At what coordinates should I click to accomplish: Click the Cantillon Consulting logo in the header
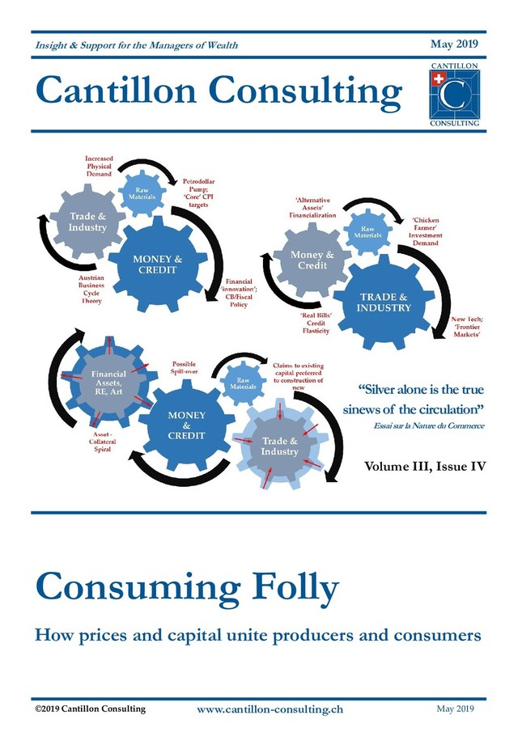[x=453, y=93]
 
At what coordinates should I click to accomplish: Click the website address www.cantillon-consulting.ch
[x=270, y=709]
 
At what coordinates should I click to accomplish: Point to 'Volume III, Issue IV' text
[x=425, y=468]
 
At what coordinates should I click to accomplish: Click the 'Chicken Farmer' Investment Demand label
[x=426, y=231]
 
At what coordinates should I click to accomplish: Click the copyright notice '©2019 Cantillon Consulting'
[x=90, y=709]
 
